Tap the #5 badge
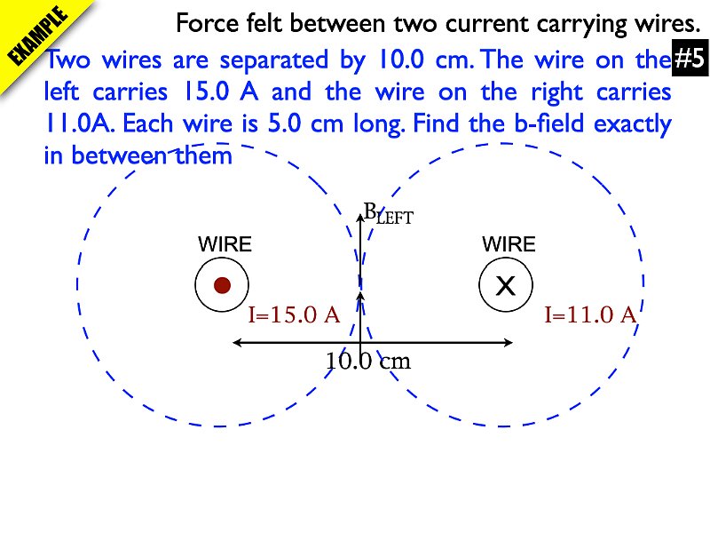click(x=689, y=60)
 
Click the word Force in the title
click(x=206, y=22)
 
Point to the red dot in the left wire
click(x=223, y=285)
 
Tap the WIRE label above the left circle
click(x=225, y=244)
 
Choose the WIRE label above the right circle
click(x=509, y=244)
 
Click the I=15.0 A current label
click(x=294, y=314)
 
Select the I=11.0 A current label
click(x=591, y=314)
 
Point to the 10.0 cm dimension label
click(x=368, y=362)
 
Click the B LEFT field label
click(x=389, y=214)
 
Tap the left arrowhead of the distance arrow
click(x=235, y=342)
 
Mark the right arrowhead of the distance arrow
click(x=511, y=342)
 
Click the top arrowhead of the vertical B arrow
click(x=359, y=211)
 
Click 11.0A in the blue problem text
click(x=80, y=124)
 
